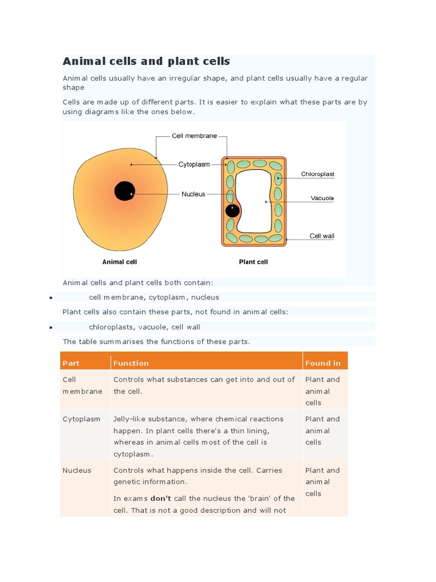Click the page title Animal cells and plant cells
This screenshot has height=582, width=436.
tap(146, 61)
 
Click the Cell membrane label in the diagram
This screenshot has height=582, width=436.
tap(194, 136)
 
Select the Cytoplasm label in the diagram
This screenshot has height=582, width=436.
tap(194, 164)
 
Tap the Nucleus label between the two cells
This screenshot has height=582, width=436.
tap(194, 194)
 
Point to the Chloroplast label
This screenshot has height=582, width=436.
tap(317, 174)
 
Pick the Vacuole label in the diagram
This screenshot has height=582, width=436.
tap(322, 198)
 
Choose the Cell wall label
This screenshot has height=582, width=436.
tap(321, 235)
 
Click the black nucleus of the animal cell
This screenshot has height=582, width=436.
tap(124, 191)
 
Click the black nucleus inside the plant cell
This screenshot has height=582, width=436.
tap(232, 211)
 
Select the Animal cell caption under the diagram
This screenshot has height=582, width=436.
tap(119, 262)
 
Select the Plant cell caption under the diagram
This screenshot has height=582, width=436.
tap(253, 262)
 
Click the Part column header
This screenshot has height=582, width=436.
tap(71, 363)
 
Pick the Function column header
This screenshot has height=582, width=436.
tap(131, 363)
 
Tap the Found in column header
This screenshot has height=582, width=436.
tap(323, 363)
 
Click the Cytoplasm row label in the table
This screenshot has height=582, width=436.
tap(81, 419)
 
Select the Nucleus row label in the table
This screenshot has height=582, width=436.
tap(77, 470)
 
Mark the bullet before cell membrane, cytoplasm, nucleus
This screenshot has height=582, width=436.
tap(51, 298)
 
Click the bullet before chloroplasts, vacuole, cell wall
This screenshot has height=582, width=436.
tap(51, 327)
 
